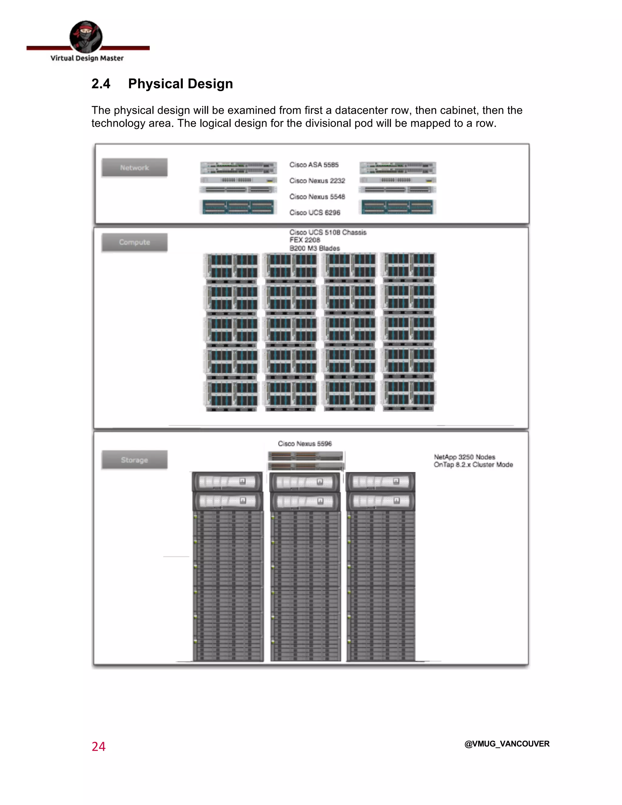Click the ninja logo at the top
point(86,37)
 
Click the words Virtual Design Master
point(87,58)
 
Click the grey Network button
point(135,168)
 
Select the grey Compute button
point(135,242)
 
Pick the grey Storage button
point(135,460)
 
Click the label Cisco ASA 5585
point(314,165)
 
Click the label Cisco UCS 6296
point(315,212)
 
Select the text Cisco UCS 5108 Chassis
point(328,232)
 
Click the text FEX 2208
point(305,240)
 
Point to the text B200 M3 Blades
point(315,248)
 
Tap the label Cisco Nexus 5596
point(305,444)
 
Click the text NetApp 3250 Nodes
point(464,457)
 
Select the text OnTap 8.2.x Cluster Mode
point(473,465)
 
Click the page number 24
point(98,746)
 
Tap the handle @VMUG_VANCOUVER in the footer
point(507,744)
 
